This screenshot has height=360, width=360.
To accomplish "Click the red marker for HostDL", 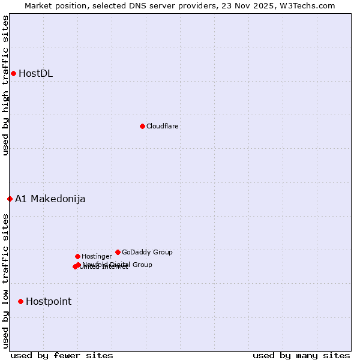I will (13, 73).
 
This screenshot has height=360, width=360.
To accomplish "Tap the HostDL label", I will (36, 74).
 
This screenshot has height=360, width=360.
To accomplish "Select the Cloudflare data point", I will (142, 126).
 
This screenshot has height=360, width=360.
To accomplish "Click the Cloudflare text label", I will (163, 126).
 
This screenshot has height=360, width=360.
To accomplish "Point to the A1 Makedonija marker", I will (10, 199).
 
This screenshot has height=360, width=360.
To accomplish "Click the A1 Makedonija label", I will (50, 199).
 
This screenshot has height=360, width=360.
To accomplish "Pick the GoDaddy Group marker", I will (118, 252).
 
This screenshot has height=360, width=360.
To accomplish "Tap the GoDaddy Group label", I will (147, 252).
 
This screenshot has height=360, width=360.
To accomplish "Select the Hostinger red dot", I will (77, 256).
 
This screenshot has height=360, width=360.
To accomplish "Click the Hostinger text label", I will (97, 256).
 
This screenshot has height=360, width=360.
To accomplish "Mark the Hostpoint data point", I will (20, 301).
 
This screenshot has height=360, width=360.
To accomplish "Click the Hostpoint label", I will (49, 302).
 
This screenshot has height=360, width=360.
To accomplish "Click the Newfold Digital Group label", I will (118, 265).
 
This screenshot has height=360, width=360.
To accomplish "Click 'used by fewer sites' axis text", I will (62, 355).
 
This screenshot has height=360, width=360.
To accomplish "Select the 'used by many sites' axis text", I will (301, 355).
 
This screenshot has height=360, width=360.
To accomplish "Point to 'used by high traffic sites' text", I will (6, 85).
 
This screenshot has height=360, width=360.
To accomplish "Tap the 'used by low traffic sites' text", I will (6, 281).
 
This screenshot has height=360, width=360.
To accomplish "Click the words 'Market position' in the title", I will (53, 5).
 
